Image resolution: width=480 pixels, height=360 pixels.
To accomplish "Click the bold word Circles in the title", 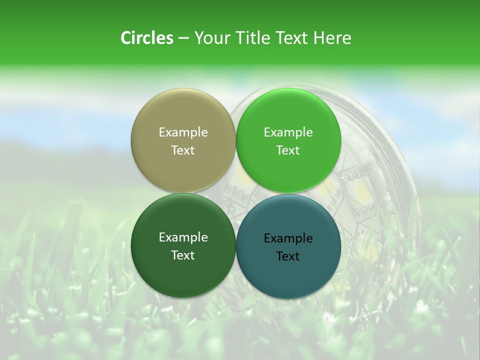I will (147, 38).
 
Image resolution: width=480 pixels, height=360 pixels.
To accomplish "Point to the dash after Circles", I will (183, 38).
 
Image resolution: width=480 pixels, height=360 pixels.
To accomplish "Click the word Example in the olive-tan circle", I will (183, 132).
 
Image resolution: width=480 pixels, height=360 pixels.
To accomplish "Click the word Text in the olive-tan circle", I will (183, 150).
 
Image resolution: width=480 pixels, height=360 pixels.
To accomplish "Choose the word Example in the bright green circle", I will (288, 132).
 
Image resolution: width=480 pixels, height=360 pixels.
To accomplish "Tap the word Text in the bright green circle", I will (288, 150).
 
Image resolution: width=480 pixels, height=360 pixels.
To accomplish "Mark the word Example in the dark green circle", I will (183, 237).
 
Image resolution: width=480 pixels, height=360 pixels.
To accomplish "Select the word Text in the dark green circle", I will (183, 255).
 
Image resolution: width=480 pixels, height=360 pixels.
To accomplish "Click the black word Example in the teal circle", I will (288, 238).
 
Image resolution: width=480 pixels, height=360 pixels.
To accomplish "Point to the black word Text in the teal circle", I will (288, 256).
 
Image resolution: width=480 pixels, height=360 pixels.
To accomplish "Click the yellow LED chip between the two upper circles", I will (239, 175).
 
